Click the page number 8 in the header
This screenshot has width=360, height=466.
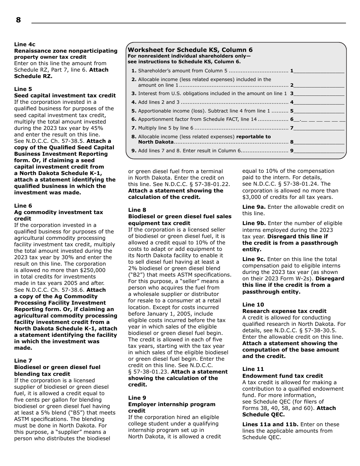coord(18,20)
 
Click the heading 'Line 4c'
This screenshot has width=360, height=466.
coord(25,44)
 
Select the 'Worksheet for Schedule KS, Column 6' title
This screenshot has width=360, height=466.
coord(190,50)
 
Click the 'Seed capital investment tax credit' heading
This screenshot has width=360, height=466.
coord(65,95)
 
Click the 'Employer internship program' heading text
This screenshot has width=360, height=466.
coord(171,404)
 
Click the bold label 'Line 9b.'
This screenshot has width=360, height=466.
coord(254,224)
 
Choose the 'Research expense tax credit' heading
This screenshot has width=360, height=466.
coord(284,311)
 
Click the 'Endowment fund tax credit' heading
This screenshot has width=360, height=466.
coord(282,376)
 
